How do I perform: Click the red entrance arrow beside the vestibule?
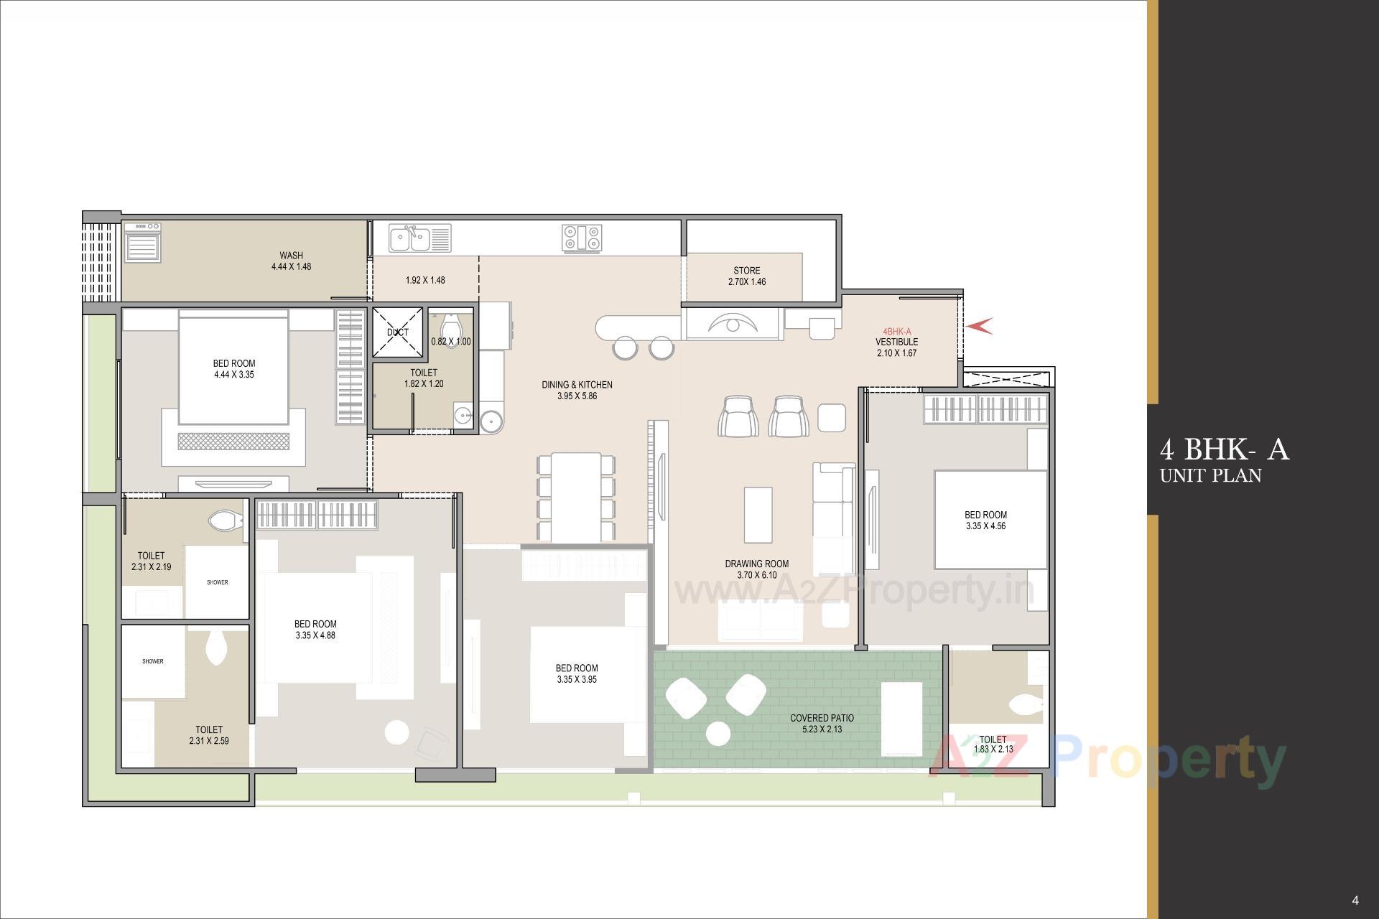tap(979, 326)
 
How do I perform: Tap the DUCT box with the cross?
tap(397, 332)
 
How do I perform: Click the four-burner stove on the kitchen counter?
tap(582, 238)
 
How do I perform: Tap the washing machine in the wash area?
tap(142, 242)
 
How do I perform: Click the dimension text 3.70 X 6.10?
tap(756, 575)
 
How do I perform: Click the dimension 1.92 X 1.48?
tap(425, 280)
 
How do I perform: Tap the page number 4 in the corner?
tap(1355, 900)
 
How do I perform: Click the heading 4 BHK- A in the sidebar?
tap(1224, 450)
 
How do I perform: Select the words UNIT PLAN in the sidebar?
tap(1210, 475)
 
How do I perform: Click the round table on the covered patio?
tap(718, 734)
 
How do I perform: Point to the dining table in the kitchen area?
tap(576, 497)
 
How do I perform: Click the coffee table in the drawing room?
tap(758, 515)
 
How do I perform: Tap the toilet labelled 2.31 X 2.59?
tap(209, 734)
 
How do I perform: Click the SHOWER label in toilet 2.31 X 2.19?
tap(217, 582)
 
